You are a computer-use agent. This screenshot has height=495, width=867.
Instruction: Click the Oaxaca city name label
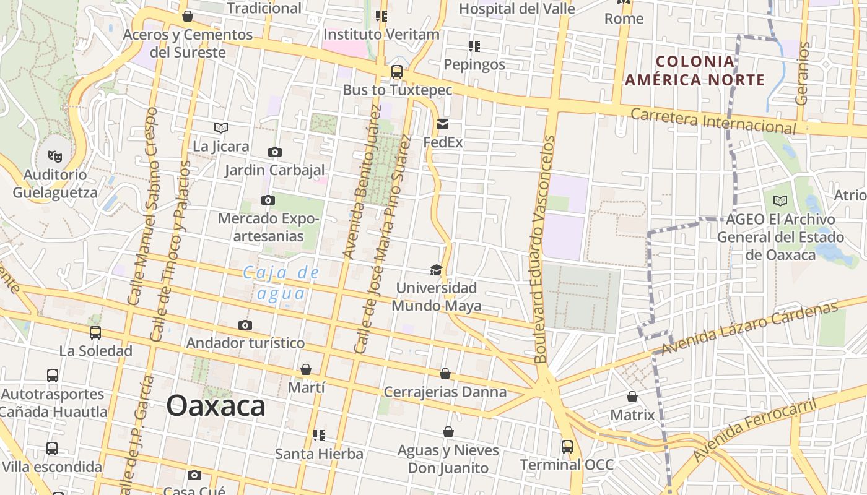(x=216, y=407)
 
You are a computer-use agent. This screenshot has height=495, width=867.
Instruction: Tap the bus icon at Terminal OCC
(x=567, y=446)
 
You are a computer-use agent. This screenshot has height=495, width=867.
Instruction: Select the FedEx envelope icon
(x=443, y=124)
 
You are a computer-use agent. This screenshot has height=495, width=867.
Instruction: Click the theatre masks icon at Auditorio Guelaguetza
(x=55, y=157)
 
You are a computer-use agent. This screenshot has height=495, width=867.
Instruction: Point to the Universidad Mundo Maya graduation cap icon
(x=436, y=270)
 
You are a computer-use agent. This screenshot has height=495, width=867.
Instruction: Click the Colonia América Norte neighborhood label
(x=695, y=71)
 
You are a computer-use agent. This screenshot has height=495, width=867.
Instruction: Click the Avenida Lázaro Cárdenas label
(x=749, y=328)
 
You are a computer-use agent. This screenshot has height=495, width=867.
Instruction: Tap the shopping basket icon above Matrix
(x=632, y=397)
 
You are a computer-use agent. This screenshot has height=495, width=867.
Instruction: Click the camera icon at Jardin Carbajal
(x=274, y=152)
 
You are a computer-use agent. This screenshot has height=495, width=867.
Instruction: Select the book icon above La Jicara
(x=221, y=128)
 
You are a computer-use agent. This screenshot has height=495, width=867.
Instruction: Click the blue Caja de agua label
(x=282, y=282)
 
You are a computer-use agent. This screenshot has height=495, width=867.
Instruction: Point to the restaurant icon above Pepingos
(x=474, y=46)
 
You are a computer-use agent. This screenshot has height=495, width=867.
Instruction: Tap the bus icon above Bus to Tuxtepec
(x=397, y=72)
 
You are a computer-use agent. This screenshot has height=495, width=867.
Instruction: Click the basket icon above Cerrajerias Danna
(x=445, y=374)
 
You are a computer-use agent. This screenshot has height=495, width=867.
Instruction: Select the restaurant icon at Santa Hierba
(x=319, y=436)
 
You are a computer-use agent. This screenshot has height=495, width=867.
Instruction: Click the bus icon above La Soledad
(x=95, y=333)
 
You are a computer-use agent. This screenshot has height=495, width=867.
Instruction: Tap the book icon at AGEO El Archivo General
(x=780, y=200)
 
